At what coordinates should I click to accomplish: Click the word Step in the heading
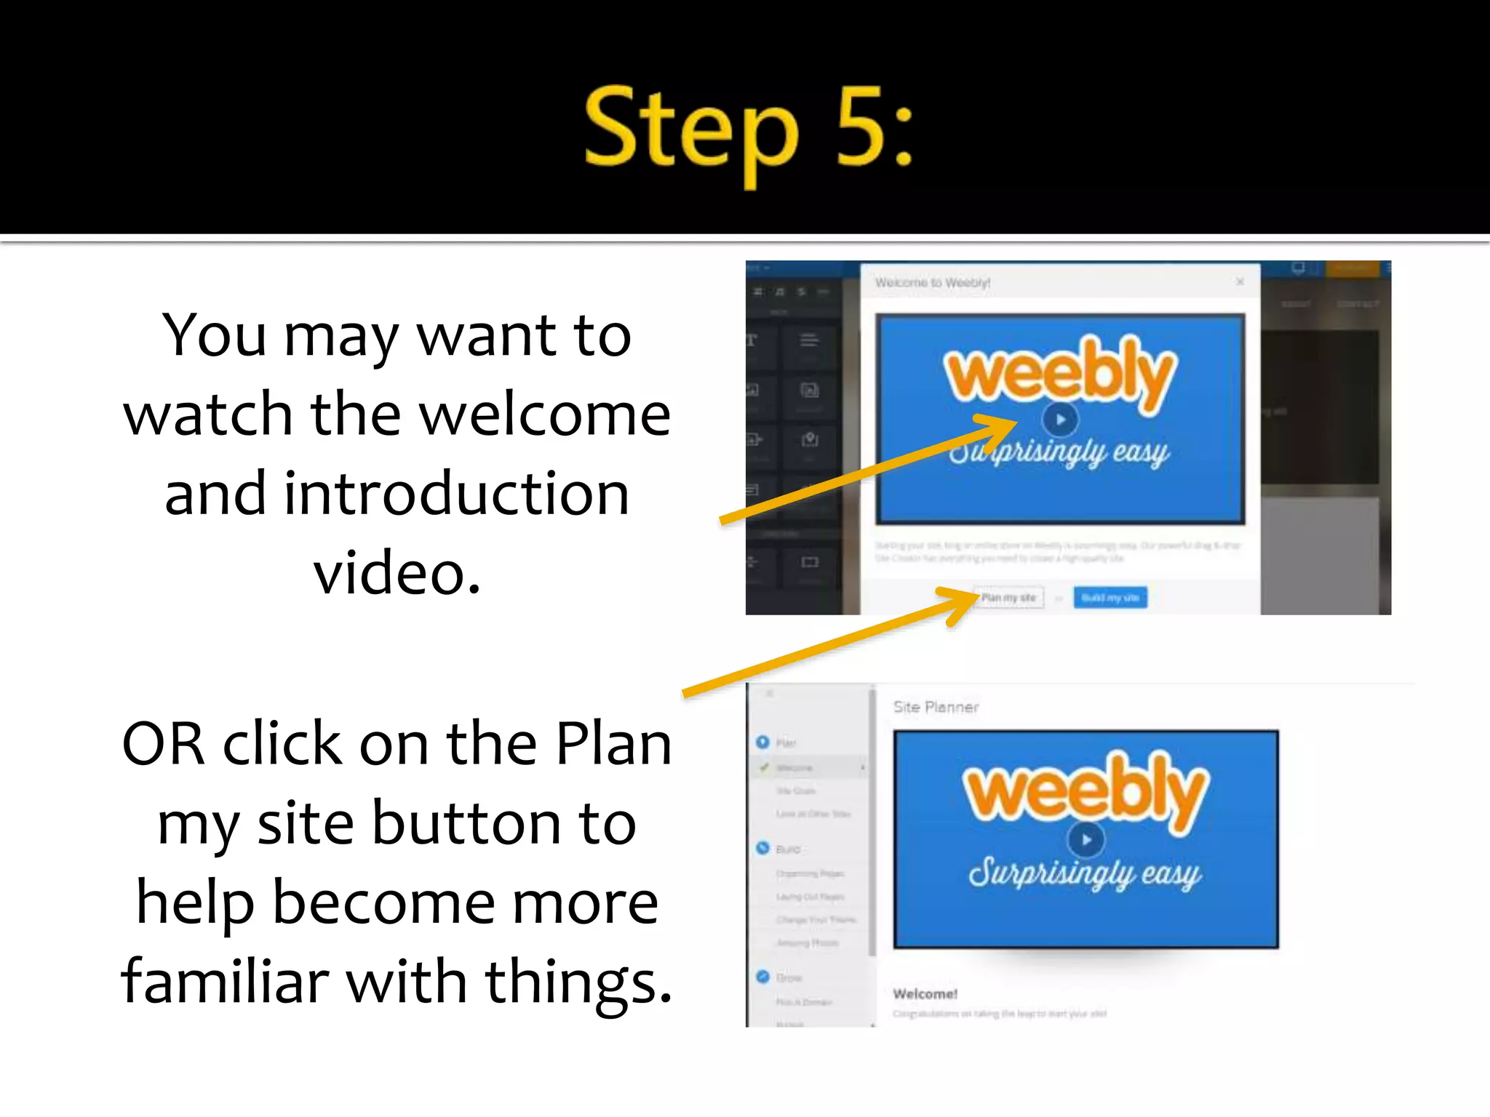click(691, 131)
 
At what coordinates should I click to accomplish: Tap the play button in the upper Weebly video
click(1060, 420)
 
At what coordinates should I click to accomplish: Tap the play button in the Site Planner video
click(1085, 840)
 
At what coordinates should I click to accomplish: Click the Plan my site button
click(1008, 598)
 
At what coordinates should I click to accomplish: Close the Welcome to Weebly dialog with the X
click(1240, 282)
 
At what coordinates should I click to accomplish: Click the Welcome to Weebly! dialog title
click(932, 283)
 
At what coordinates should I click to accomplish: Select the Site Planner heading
click(936, 707)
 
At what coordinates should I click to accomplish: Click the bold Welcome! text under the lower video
click(925, 993)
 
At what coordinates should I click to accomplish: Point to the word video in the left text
click(397, 573)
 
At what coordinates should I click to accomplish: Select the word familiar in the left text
click(225, 982)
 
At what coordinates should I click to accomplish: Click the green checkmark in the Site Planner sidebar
click(764, 767)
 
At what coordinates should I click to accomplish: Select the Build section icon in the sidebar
click(762, 848)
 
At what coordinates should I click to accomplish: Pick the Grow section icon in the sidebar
click(762, 977)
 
